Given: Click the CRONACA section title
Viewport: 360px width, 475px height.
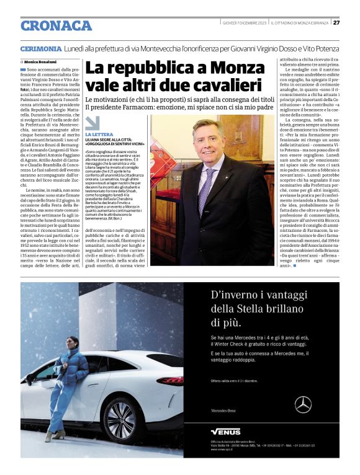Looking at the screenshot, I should tap(56, 25).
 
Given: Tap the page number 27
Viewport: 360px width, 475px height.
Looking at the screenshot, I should tap(336, 23).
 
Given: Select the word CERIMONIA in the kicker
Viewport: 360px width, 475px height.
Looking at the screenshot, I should tap(41, 48).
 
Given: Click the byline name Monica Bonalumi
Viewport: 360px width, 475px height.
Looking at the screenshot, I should tap(42, 62).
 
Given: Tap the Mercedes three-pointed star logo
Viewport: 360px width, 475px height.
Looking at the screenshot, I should tap(303, 404).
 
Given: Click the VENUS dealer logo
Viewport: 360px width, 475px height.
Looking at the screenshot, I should tap(225, 431).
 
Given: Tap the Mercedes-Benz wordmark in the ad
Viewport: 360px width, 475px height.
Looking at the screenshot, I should tap(224, 411).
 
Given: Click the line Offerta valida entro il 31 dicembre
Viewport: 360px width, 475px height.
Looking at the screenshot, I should tap(233, 381).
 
